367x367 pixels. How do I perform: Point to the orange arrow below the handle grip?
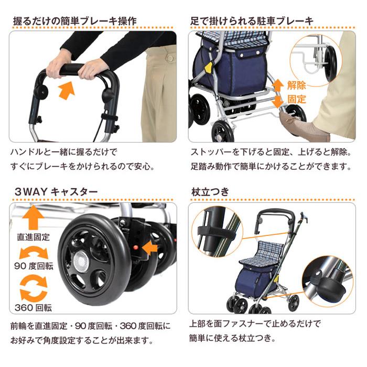point(66,90)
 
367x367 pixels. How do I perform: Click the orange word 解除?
point(296,85)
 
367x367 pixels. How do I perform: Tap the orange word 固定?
point(296,99)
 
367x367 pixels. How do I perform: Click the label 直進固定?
point(34,236)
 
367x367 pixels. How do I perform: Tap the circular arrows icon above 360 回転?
point(34,288)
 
